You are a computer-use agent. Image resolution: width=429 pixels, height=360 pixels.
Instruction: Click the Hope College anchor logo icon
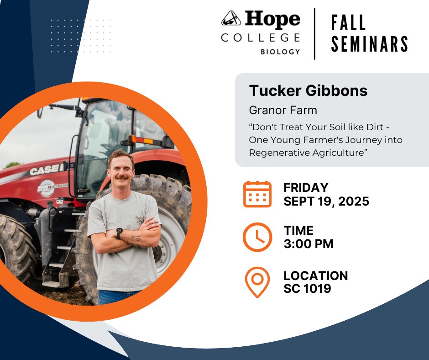click(231, 19)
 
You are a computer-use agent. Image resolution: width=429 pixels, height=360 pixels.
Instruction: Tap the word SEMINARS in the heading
click(369, 44)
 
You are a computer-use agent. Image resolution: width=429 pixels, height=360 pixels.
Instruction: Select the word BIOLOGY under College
click(280, 52)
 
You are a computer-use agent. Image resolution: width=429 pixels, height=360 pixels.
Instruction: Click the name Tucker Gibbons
click(308, 90)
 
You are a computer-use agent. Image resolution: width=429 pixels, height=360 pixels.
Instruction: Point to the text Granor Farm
click(283, 110)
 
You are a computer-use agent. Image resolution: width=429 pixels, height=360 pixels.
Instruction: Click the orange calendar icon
click(257, 194)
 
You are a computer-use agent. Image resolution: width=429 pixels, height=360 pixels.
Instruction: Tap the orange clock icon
click(257, 237)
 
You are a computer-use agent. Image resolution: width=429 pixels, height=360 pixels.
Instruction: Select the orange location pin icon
click(257, 282)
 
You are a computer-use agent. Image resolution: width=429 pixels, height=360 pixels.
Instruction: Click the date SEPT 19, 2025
click(326, 201)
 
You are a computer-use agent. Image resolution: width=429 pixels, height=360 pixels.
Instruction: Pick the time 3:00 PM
click(309, 244)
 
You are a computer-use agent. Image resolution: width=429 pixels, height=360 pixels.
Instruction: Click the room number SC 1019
click(307, 289)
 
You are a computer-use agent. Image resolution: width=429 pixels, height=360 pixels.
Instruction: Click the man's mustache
click(122, 176)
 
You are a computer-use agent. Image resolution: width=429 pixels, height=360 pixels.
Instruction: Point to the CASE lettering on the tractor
click(44, 170)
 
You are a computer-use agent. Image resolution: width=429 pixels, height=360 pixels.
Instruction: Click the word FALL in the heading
click(349, 23)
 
